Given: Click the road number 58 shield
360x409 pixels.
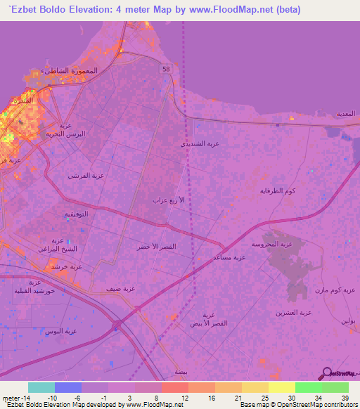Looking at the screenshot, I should pyautogui.click(x=166, y=67).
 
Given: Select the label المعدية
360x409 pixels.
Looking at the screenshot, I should pyautogui.click(x=345, y=113).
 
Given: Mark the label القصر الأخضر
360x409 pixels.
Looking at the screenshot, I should pyautogui.click(x=153, y=247).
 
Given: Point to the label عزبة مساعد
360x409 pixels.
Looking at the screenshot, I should pyautogui.click(x=229, y=257).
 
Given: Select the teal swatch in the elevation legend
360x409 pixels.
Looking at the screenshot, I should pyautogui.click(x=41, y=387).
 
